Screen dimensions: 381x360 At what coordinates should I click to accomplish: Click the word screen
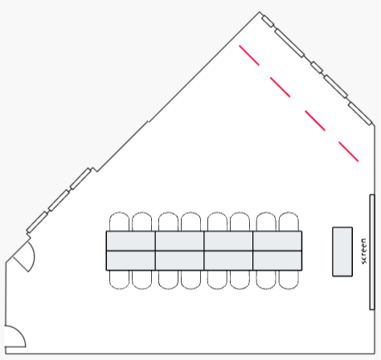(x=363, y=251)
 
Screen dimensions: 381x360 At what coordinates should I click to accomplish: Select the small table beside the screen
(x=342, y=252)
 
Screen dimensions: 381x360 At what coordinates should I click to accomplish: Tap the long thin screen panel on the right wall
(x=372, y=252)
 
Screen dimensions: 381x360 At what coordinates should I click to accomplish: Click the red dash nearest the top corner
(x=249, y=55)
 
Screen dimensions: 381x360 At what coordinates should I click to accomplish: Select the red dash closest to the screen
(x=348, y=152)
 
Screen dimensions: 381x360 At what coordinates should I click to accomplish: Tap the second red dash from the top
(x=280, y=87)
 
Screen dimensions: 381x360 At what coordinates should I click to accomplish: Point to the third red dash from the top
(x=315, y=121)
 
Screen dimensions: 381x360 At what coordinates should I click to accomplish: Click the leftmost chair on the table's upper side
(x=119, y=222)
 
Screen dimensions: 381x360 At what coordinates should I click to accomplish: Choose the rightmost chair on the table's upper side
(x=289, y=222)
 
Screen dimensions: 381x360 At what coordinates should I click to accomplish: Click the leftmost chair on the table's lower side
(x=119, y=280)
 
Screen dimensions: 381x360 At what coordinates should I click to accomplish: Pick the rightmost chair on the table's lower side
(x=289, y=280)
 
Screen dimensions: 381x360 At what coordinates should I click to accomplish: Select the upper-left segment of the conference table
(x=131, y=241)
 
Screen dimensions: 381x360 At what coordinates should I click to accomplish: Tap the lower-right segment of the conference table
(x=277, y=260)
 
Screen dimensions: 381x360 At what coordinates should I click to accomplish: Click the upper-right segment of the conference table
(x=277, y=241)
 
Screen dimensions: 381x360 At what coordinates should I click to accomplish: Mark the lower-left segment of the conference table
(x=131, y=260)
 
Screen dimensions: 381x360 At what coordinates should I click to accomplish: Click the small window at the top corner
(x=268, y=22)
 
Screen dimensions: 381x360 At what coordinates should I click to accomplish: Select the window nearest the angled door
(x=37, y=222)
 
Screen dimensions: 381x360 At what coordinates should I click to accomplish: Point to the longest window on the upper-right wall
(x=289, y=43)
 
